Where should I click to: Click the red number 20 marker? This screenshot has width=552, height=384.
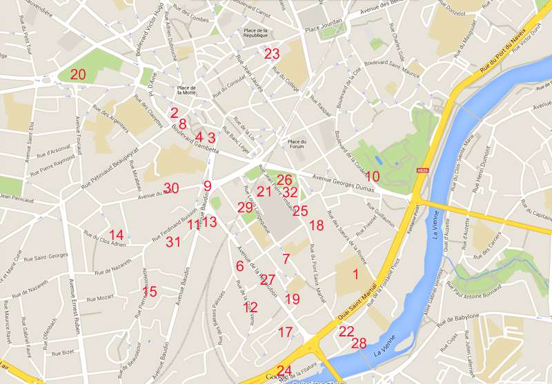click(78, 74)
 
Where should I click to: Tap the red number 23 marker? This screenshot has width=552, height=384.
click(272, 54)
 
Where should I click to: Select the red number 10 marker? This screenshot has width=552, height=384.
click(373, 176)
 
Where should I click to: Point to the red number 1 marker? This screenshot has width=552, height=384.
click(355, 274)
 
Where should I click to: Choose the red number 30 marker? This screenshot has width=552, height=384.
click(171, 188)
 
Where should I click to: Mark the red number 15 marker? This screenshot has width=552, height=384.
click(150, 292)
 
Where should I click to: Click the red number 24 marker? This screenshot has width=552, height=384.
click(284, 370)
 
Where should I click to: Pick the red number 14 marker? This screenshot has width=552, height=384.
click(117, 235)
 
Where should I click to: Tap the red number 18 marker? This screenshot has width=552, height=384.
click(316, 225)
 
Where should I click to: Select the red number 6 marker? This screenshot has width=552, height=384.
click(239, 266)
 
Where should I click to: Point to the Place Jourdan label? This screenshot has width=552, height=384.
click(323, 28)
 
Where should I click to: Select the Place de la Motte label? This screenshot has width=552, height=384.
click(186, 90)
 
